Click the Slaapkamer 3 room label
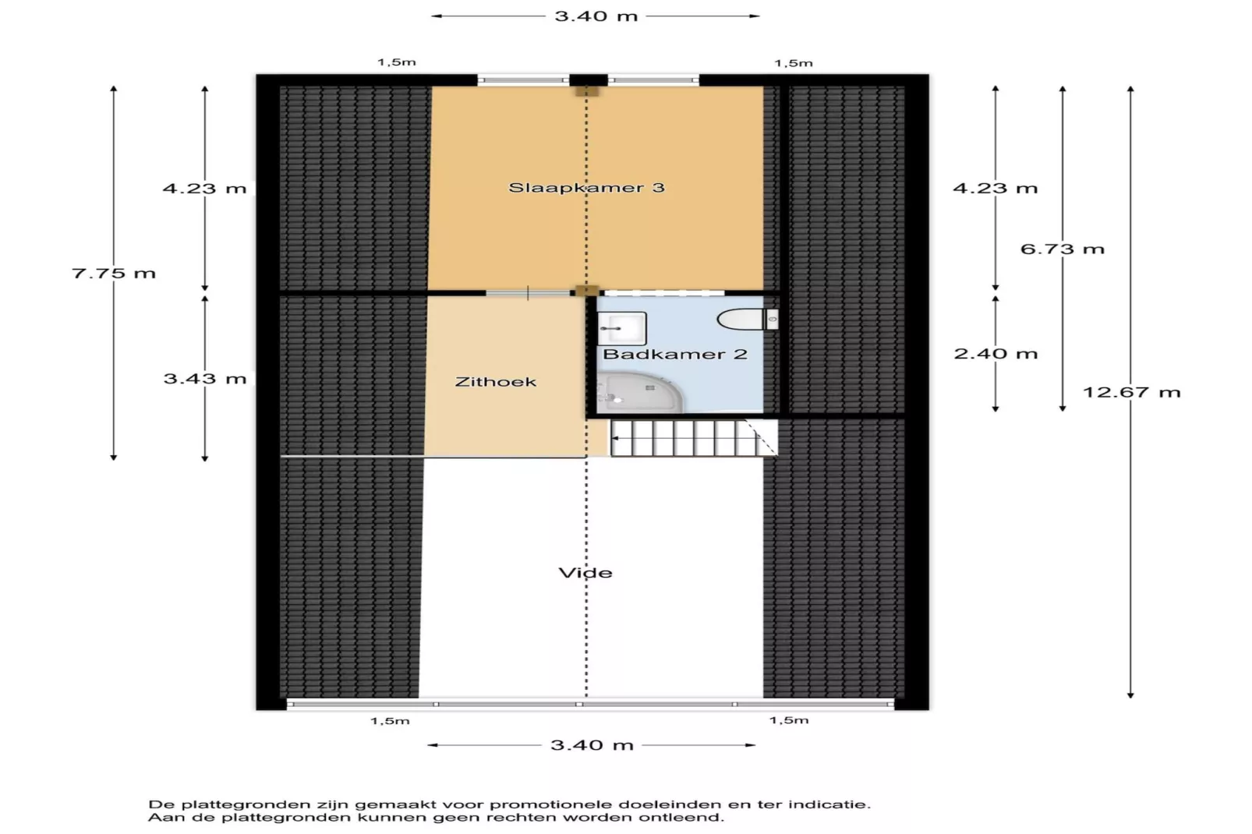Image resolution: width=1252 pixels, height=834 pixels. pyautogui.click(x=586, y=188)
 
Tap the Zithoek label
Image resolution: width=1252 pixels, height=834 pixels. pyautogui.click(x=496, y=382)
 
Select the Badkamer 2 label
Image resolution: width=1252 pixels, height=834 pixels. pyautogui.click(x=675, y=355)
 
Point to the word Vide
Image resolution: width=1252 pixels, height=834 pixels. pyautogui.click(x=585, y=573)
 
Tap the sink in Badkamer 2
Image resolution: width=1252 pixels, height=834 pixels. pyautogui.click(x=621, y=328)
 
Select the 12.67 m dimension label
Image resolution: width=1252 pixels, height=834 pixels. pyautogui.click(x=1131, y=392)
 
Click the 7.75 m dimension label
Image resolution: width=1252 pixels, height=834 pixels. pyautogui.click(x=114, y=274)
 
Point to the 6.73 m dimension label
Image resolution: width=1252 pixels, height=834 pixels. pyautogui.click(x=1063, y=249)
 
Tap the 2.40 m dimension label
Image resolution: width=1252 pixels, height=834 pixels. pyautogui.click(x=996, y=354)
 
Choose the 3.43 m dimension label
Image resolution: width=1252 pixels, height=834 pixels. pyautogui.click(x=204, y=379)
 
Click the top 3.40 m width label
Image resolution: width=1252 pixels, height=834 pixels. pyautogui.click(x=596, y=16)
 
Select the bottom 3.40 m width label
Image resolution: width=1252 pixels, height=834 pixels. pyautogui.click(x=592, y=745)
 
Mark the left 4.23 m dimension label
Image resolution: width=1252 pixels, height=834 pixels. pyautogui.click(x=204, y=189)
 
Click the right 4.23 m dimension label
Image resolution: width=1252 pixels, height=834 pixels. pyautogui.click(x=996, y=189)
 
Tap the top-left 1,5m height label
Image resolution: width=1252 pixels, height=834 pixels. pyautogui.click(x=397, y=62)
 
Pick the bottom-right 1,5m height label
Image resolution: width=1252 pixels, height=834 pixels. pyautogui.click(x=789, y=720)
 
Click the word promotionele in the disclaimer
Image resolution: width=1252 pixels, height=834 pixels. pyautogui.click(x=553, y=804)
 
